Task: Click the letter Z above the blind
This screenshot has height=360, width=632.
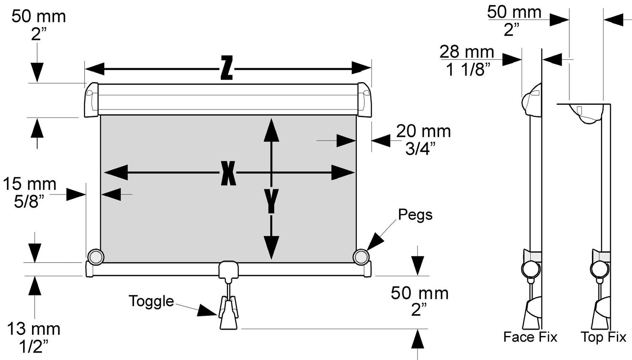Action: (227, 68)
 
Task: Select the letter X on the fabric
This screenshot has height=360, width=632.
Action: (228, 173)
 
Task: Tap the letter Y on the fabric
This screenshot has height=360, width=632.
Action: (272, 201)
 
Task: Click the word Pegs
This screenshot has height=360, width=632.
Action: (415, 215)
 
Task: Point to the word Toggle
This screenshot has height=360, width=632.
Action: (151, 301)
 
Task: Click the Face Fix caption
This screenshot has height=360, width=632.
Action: (530, 337)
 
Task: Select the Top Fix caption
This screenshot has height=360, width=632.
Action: (603, 337)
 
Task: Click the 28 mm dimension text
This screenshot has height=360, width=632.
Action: (466, 52)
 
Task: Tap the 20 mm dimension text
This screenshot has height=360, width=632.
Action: (423, 131)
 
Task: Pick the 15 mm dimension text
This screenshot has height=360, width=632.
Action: (29, 184)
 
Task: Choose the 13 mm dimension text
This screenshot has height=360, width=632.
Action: (34, 329)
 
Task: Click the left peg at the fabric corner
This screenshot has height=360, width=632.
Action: (95, 256)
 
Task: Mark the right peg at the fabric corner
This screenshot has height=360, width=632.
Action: (361, 256)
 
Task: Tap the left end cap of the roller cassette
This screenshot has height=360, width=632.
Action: (91, 100)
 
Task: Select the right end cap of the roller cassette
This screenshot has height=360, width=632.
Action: (364, 100)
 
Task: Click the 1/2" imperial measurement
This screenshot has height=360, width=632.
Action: (34, 347)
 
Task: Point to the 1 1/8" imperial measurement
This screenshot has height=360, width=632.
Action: (468, 69)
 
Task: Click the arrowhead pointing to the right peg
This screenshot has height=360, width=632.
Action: (375, 244)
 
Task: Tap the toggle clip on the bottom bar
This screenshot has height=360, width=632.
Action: (228, 269)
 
